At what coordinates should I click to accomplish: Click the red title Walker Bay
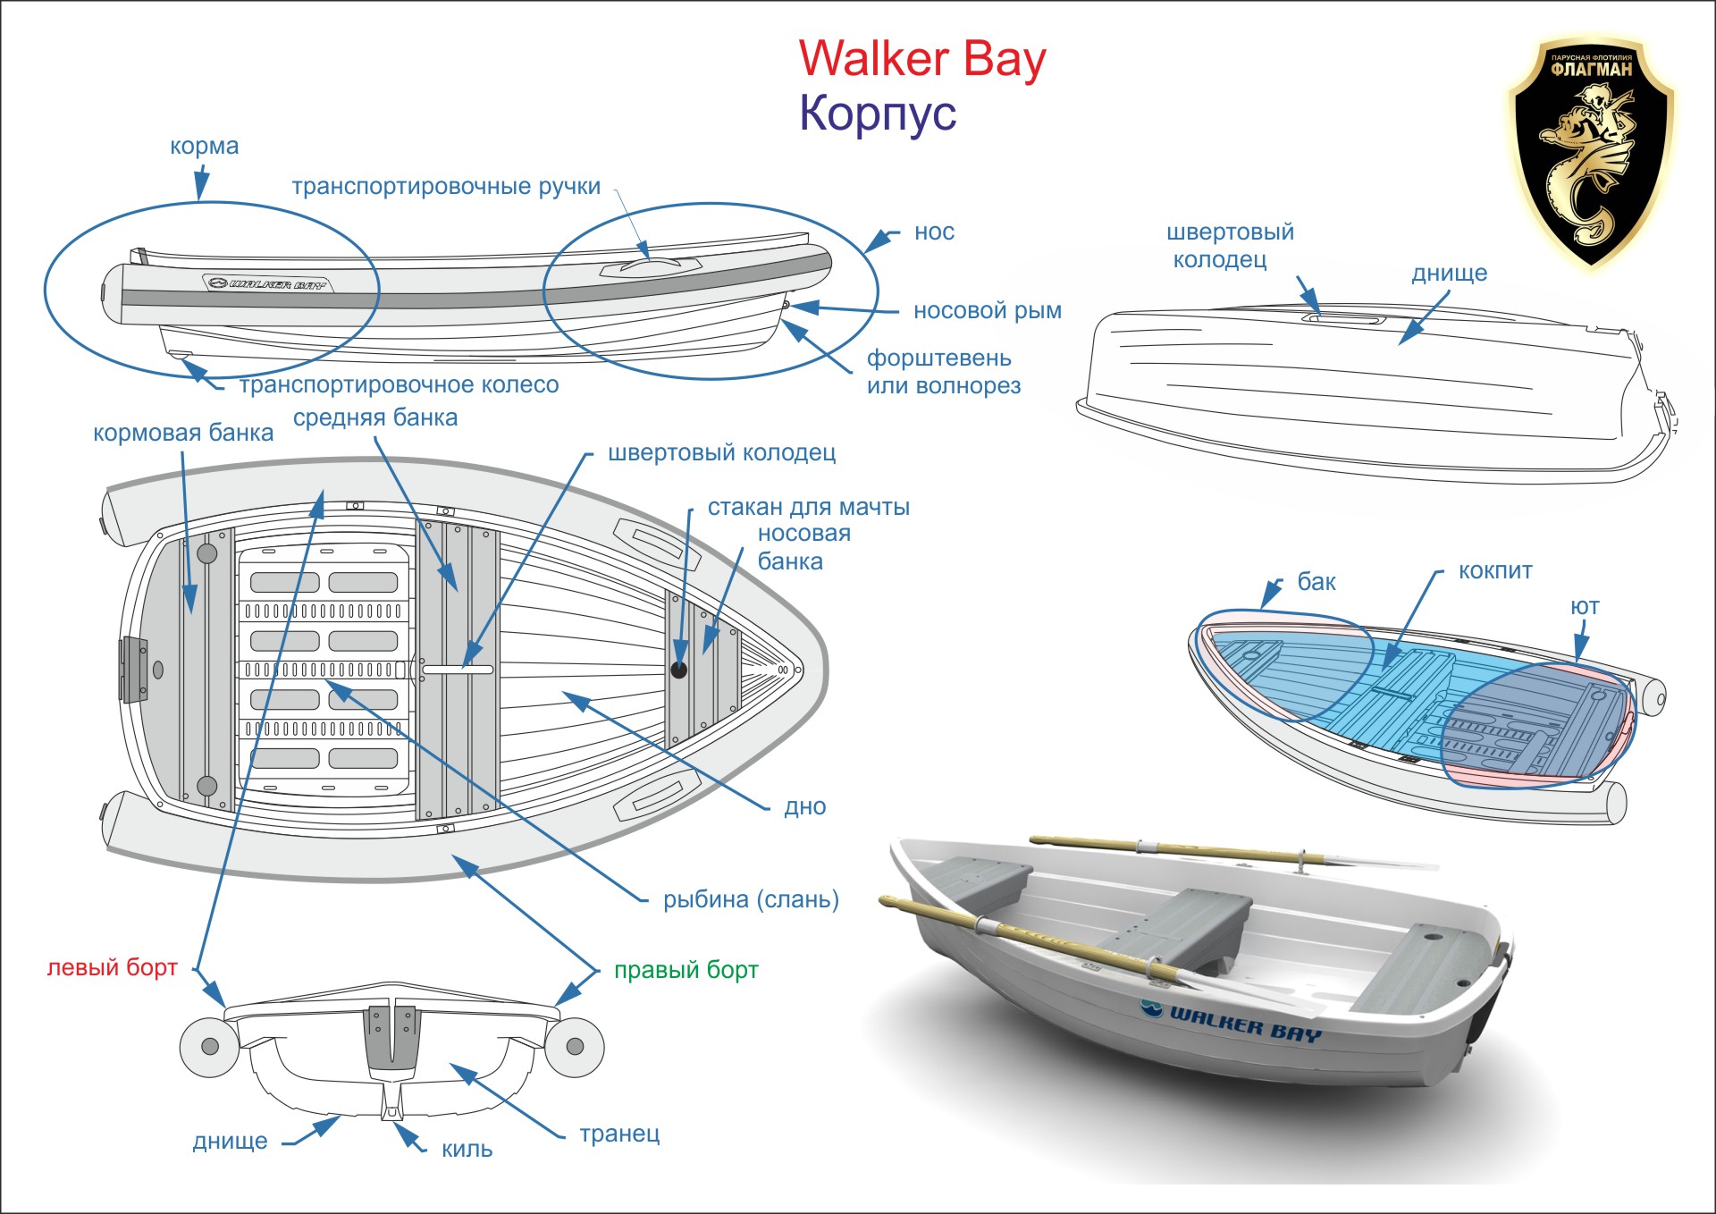pos(921,59)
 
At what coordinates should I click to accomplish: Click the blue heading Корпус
pos(878,114)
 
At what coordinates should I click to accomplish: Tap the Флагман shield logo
pos(1591,152)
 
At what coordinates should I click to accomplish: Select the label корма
pos(204,146)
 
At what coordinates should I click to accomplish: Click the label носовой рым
pos(987,310)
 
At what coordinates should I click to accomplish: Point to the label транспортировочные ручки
pos(446,186)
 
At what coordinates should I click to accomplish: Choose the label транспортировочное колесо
pos(399,384)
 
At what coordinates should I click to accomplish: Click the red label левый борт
pos(112,967)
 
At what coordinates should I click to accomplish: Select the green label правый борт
pos(686,970)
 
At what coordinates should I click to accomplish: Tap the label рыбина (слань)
pos(751,899)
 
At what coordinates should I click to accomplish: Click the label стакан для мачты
pos(808,507)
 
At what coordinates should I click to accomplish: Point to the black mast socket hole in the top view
pos(679,669)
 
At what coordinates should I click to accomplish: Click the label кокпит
pos(1494,570)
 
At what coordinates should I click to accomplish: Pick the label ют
pos(1585,606)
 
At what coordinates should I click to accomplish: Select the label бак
pos(1316,582)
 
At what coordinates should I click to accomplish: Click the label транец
pos(619,1134)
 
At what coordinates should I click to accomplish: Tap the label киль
pos(467,1149)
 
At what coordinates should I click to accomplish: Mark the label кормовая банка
pos(182,433)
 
